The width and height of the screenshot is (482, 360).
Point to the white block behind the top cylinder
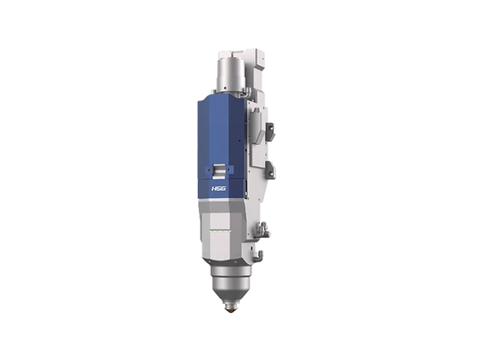pyautogui.click(x=260, y=56)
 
